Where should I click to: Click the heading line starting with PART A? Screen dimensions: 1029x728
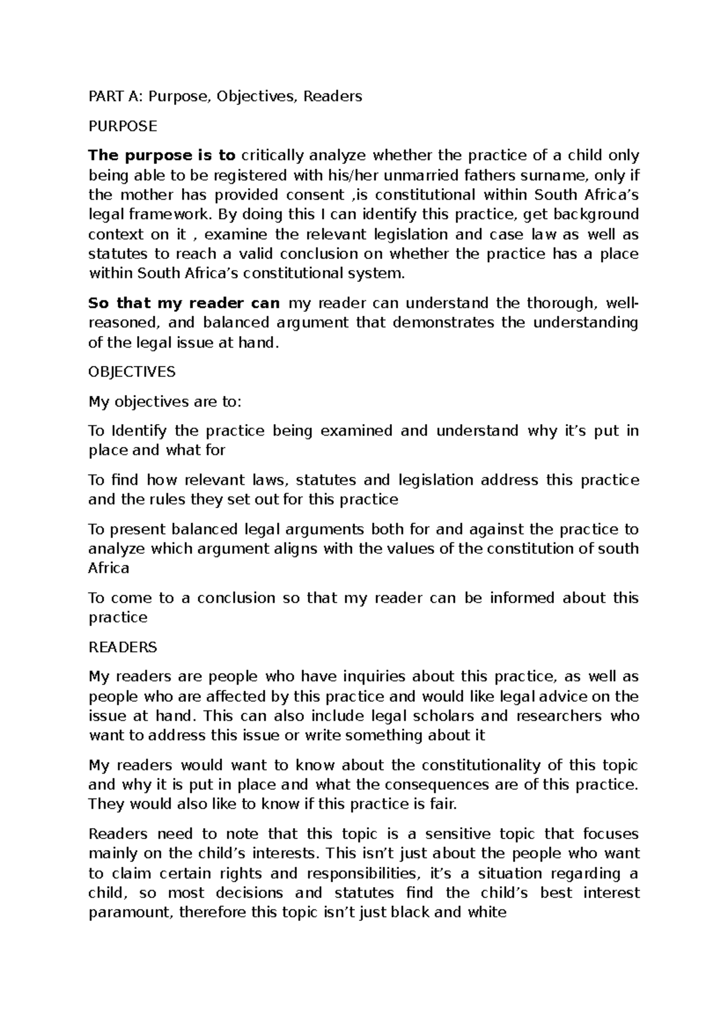click(225, 96)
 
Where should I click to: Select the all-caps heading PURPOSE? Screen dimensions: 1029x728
click(123, 126)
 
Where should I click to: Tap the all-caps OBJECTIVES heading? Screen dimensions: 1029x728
click(132, 371)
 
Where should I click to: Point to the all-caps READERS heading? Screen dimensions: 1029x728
click(123, 647)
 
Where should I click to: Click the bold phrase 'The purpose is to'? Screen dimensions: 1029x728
click(162, 156)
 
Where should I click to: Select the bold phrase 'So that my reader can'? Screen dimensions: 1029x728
click(184, 303)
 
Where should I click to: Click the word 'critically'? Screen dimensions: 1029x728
click(272, 156)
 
